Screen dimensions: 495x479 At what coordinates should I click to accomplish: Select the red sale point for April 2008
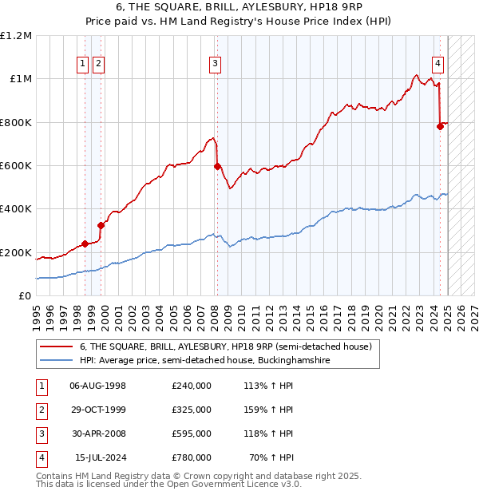tap(216, 167)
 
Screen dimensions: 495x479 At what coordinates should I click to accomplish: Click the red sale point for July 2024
tap(440, 126)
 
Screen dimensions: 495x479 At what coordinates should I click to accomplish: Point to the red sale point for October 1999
tap(101, 225)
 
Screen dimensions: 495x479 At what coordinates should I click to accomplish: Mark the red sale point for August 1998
tap(85, 244)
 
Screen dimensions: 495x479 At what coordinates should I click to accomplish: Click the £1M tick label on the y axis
tap(20, 79)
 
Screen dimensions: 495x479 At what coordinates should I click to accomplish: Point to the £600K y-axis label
tap(16, 166)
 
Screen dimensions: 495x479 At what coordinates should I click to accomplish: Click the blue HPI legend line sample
tap(55, 361)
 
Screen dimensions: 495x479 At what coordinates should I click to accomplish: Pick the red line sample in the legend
tap(55, 347)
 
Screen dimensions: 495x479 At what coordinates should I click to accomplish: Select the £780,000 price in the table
tap(192, 457)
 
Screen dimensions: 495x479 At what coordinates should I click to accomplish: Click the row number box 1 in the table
tap(41, 385)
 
